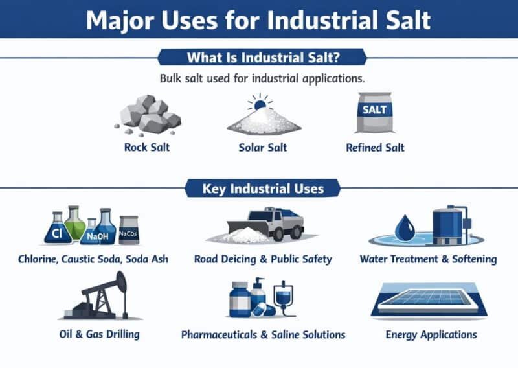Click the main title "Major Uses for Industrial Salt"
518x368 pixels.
pos(258,19)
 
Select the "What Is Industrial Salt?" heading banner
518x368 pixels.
pos(259,58)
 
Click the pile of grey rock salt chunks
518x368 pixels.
pos(148,115)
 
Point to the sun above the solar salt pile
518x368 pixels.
pos(260,103)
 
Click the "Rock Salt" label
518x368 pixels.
pos(148,147)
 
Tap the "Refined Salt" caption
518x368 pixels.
pos(375,147)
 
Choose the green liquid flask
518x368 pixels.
pos(76,223)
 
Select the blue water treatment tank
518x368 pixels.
pos(447,225)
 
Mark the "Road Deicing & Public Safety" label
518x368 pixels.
pos(263,259)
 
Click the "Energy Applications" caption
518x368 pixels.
pos(431,335)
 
